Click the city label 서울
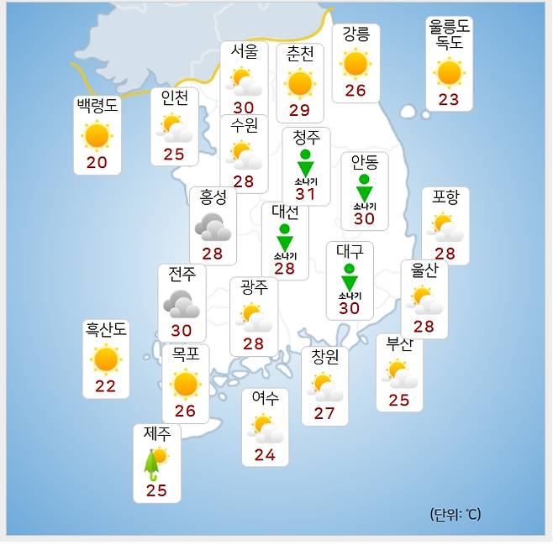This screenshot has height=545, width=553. (244, 50)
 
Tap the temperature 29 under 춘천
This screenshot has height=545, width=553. (299, 110)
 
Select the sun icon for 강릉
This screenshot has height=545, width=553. (355, 63)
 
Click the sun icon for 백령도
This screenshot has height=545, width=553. (97, 135)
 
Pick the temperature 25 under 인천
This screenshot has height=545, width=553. (174, 154)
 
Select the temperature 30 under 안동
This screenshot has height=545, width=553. (364, 218)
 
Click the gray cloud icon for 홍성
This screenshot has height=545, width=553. (213, 227)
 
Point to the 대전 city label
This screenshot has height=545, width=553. (285, 211)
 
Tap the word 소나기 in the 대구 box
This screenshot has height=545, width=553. (350, 296)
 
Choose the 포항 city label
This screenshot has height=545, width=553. (445, 197)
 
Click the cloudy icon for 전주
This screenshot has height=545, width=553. (181, 303)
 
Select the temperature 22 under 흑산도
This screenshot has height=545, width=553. (105, 385)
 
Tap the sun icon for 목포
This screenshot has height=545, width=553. (185, 384)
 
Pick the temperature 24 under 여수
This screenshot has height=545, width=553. (265, 455)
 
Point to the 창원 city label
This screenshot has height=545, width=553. (324, 357)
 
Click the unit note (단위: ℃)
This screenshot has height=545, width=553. (456, 514)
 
